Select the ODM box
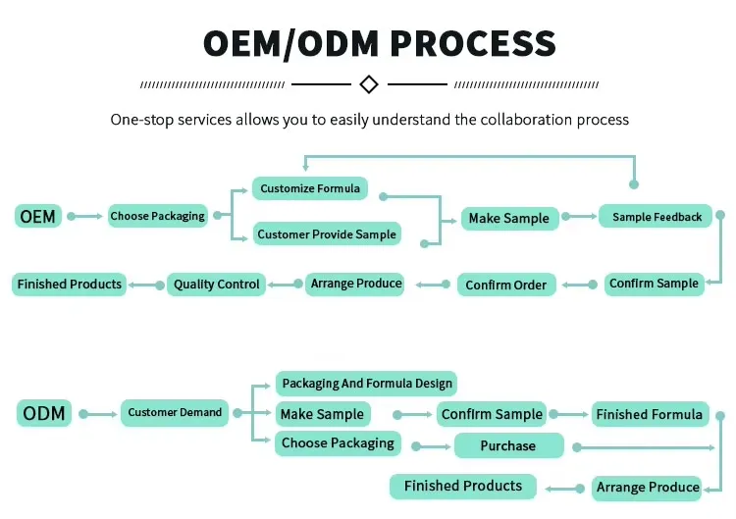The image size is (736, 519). (44, 413)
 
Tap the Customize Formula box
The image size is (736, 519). (310, 188)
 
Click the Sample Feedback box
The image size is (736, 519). (657, 217)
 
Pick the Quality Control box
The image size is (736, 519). (217, 285)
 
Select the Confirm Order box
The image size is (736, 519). (506, 285)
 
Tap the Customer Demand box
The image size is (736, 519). (175, 413)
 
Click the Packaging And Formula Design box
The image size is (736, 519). (366, 384)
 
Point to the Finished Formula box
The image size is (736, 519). (649, 414)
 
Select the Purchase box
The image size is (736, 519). (508, 446)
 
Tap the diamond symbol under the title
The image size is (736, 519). (369, 84)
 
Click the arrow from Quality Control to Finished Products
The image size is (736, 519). (145, 285)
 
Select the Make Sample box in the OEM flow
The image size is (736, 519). (509, 218)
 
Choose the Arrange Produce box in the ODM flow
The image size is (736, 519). (648, 487)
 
